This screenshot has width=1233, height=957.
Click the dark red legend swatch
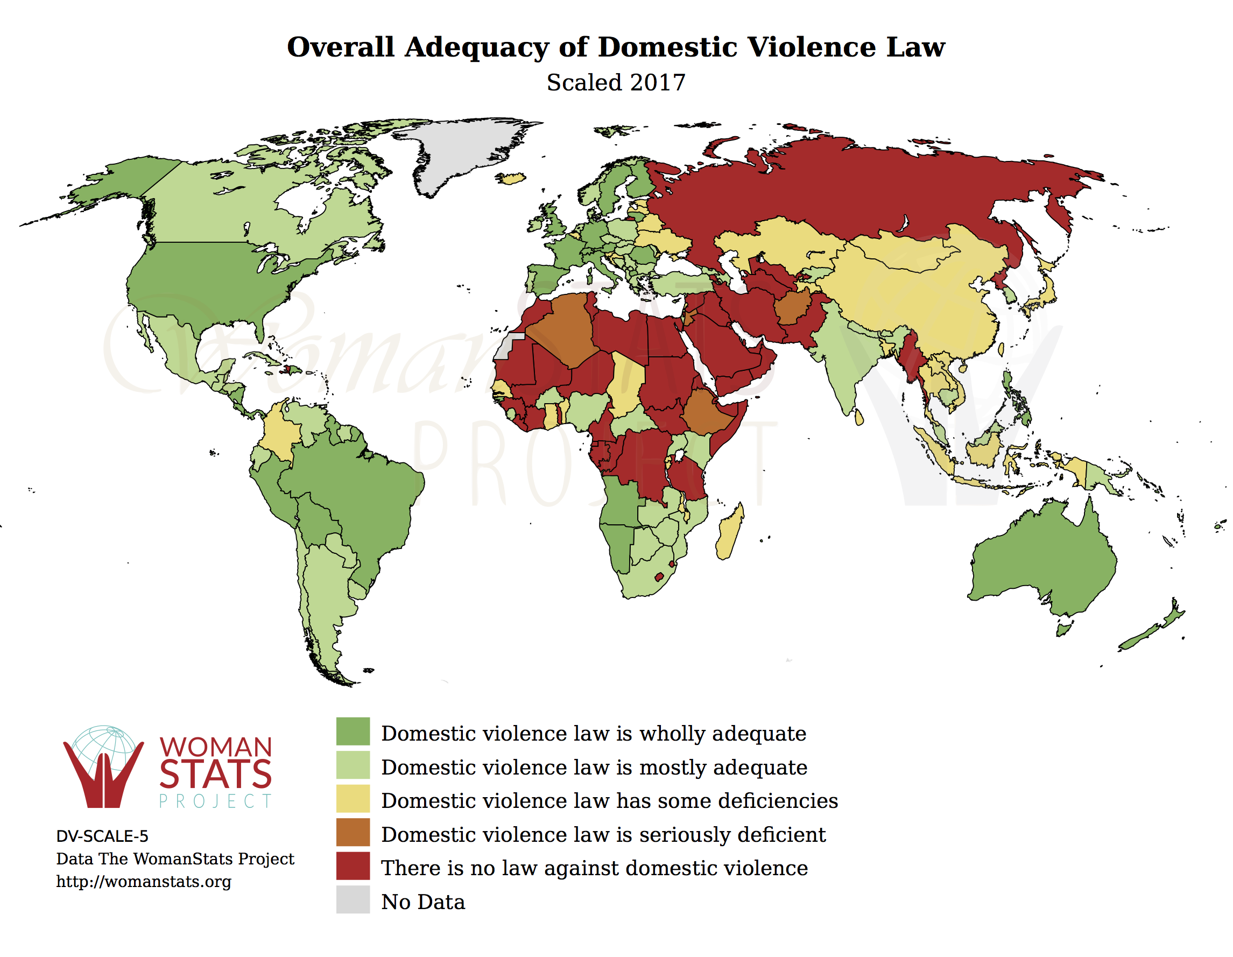point(353,865)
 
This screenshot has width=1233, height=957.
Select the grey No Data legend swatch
point(353,899)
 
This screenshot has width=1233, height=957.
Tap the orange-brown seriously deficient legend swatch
point(353,832)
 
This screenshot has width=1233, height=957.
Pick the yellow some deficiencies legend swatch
point(353,798)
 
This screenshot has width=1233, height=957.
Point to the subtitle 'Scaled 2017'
point(616,82)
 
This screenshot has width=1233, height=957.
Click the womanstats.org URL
point(143,881)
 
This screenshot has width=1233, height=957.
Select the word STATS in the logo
point(216,774)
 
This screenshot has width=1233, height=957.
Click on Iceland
point(511,179)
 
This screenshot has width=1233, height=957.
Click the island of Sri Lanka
point(859,417)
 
